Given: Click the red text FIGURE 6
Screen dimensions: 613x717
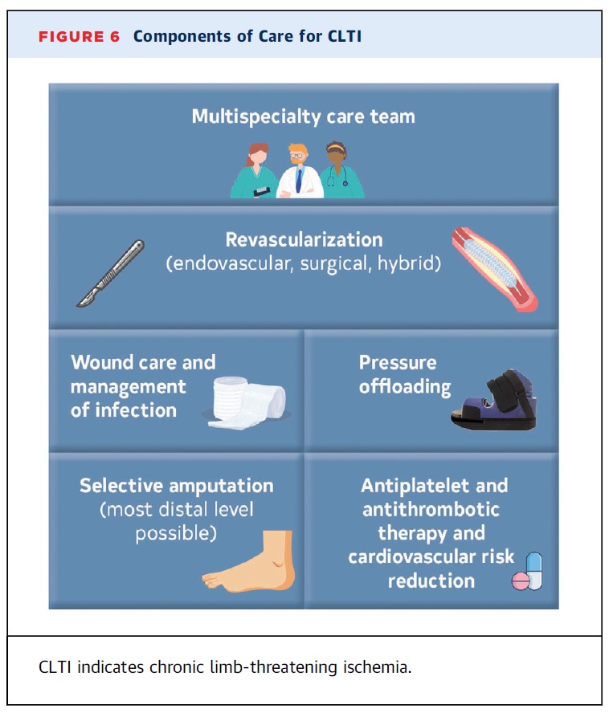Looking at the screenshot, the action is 80,37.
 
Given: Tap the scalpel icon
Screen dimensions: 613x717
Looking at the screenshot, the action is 110,273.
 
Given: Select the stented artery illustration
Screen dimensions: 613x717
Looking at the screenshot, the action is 495,269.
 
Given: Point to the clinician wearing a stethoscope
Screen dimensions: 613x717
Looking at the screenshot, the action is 341,169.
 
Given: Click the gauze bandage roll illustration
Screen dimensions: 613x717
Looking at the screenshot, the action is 247,402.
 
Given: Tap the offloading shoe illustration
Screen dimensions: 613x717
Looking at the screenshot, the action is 494,400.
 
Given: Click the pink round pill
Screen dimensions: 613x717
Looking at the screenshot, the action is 521,581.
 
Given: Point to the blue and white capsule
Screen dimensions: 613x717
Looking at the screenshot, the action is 534,571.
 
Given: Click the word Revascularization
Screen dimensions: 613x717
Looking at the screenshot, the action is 304,239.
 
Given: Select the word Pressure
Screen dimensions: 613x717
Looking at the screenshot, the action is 398,363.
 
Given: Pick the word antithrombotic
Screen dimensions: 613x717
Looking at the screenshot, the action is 431,509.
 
